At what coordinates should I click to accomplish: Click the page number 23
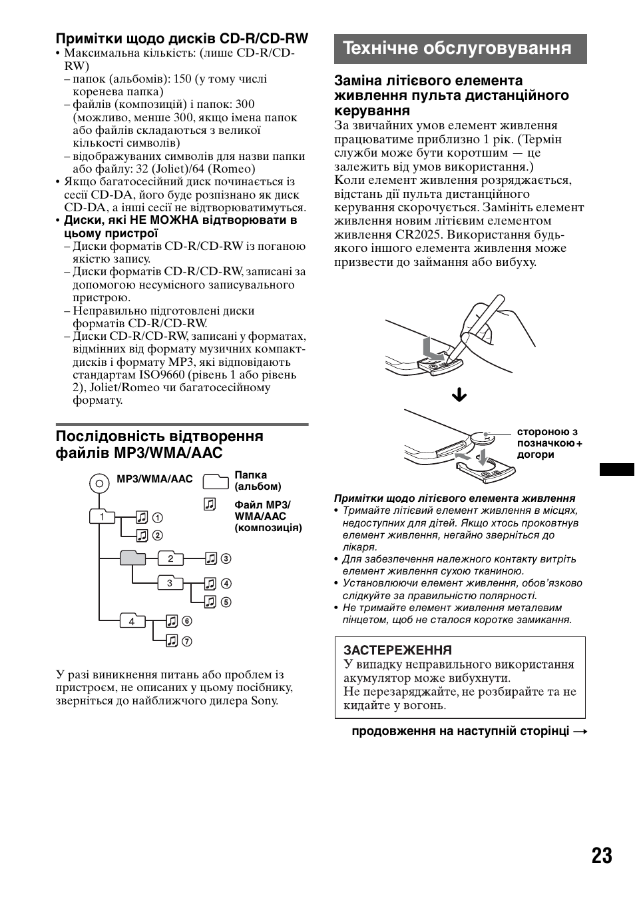tap(601, 855)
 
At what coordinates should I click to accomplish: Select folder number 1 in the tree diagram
tap(101, 516)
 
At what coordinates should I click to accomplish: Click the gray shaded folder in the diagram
tap(132, 558)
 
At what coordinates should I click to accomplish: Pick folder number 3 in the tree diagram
tap(170, 583)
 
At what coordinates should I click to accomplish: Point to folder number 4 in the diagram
tap(132, 620)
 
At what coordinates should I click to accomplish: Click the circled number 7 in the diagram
tap(187, 641)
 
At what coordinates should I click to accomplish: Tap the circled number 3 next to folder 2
tap(226, 559)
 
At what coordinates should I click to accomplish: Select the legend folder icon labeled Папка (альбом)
tap(215, 481)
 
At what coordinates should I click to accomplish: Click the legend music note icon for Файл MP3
tap(210, 504)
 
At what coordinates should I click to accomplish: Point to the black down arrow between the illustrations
tap(459, 396)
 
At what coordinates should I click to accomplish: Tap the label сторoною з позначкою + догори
tap(549, 443)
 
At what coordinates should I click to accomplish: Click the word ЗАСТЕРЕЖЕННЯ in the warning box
tap(397, 650)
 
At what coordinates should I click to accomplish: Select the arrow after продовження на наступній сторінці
tap(580, 732)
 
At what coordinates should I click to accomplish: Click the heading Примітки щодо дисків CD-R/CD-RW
tap(182, 38)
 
